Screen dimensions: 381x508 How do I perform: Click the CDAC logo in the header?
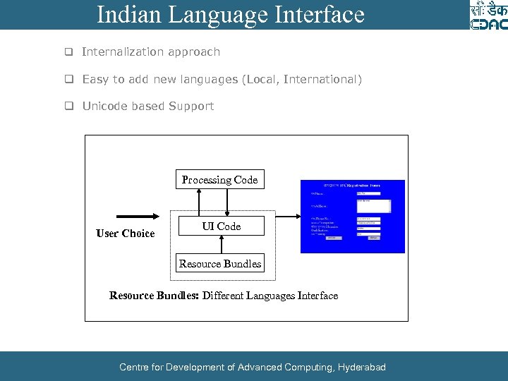click(x=488, y=16)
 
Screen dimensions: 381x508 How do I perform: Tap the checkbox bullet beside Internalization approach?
click(x=69, y=52)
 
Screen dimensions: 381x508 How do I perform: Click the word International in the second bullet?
click(x=320, y=79)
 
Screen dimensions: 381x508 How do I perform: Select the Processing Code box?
click(x=219, y=180)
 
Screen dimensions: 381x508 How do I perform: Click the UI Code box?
click(x=222, y=226)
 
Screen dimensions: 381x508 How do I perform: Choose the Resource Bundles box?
click(x=219, y=264)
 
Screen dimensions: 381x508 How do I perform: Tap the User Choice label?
click(x=125, y=234)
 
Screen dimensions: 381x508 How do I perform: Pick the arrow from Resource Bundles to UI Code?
click(x=222, y=244)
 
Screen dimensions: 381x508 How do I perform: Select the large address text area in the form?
click(x=373, y=205)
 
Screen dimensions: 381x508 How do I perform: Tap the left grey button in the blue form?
click(x=331, y=238)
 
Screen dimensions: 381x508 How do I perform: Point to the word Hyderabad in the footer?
click(x=362, y=367)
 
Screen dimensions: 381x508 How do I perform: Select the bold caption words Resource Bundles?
click(x=154, y=296)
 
